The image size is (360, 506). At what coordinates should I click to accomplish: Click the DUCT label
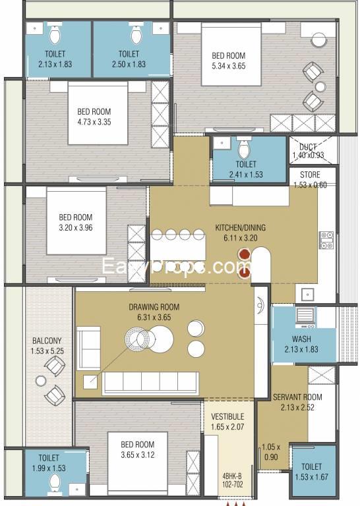tap(308, 147)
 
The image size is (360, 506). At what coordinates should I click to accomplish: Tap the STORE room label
tap(310, 175)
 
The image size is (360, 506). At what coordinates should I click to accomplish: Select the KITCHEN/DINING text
tap(241, 227)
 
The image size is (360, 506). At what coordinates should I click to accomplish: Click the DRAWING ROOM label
tap(154, 307)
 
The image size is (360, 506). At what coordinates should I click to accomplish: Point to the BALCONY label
tap(47, 341)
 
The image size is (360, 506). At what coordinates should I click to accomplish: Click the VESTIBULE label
tap(227, 416)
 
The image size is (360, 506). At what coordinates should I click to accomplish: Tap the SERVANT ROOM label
tap(297, 397)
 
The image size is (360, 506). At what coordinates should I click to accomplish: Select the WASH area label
tap(301, 339)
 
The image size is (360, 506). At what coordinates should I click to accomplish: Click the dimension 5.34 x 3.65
tap(229, 66)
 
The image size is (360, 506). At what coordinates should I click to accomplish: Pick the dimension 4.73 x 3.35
tap(94, 123)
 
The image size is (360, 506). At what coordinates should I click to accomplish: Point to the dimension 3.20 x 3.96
tap(76, 228)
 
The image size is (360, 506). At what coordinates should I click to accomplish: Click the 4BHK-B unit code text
tap(232, 476)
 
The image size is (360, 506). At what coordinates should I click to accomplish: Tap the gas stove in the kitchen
tap(326, 240)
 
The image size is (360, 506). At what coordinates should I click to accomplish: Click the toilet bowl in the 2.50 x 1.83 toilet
tap(136, 34)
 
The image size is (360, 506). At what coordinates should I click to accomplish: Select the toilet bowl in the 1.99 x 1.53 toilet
tap(55, 482)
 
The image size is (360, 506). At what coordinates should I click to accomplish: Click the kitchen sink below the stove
tap(308, 295)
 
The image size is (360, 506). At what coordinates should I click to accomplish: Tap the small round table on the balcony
tap(41, 381)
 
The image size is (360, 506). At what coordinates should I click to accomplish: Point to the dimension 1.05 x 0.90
tap(270, 452)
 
